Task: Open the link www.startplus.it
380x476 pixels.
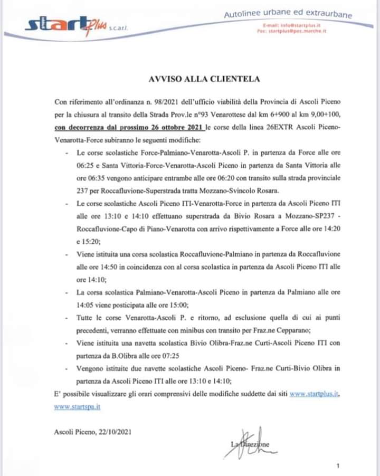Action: click(315, 394)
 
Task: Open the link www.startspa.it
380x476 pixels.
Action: click(77, 407)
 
